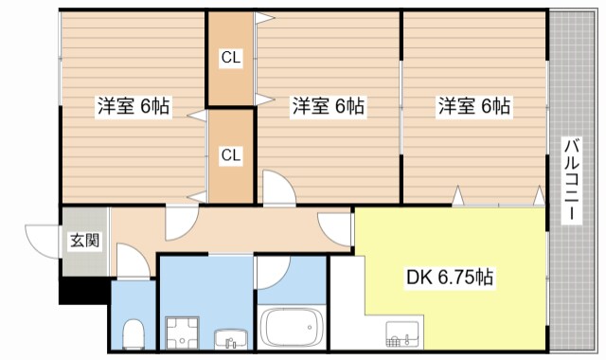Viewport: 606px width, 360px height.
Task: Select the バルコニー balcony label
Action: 571,181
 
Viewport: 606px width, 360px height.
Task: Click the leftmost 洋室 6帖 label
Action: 133,106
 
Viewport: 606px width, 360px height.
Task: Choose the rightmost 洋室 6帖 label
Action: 474,106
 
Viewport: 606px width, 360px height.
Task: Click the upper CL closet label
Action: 231,59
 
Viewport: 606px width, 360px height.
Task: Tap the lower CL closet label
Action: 231,154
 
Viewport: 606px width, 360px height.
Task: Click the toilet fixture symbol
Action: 134,333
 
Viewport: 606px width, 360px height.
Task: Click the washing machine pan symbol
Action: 180,333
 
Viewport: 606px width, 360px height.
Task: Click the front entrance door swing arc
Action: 44,237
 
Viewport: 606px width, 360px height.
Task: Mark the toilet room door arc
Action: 133,260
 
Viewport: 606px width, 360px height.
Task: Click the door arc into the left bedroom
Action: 180,222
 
